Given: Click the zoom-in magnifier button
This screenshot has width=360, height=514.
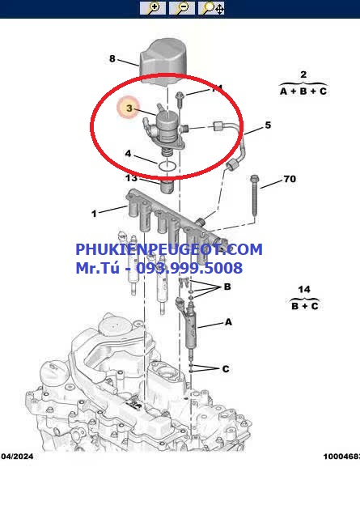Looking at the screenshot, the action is [x=153, y=8].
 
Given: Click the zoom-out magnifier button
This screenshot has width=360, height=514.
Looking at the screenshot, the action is [x=182, y=8].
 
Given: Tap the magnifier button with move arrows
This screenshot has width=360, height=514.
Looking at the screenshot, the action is [x=211, y=8].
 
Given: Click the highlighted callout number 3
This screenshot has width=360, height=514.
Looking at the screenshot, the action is [x=129, y=108].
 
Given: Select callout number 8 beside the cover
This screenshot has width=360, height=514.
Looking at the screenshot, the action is [x=112, y=58].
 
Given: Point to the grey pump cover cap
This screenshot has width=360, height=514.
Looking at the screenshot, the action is [x=163, y=62].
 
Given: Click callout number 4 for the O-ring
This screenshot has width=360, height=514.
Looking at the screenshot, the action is [x=128, y=153].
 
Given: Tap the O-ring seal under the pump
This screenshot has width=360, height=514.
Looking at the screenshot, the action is [x=167, y=166].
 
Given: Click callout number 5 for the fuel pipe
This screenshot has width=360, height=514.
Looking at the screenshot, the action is [x=268, y=125].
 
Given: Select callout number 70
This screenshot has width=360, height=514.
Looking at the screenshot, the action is [x=290, y=179].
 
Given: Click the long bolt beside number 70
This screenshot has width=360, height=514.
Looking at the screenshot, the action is [x=255, y=195].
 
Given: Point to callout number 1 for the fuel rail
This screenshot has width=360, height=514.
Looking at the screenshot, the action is [x=95, y=214].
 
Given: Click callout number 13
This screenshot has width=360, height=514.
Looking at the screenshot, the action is [x=131, y=178].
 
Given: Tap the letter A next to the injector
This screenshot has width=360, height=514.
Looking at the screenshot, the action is [x=228, y=322].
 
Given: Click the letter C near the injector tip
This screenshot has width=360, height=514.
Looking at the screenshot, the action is [x=226, y=369].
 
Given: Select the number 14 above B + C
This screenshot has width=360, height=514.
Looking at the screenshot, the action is [x=304, y=289].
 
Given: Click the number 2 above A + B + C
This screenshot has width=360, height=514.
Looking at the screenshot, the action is [x=303, y=74].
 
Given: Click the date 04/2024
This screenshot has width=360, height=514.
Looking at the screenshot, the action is [x=17, y=457].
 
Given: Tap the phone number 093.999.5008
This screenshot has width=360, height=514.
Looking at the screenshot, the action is [x=189, y=268].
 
